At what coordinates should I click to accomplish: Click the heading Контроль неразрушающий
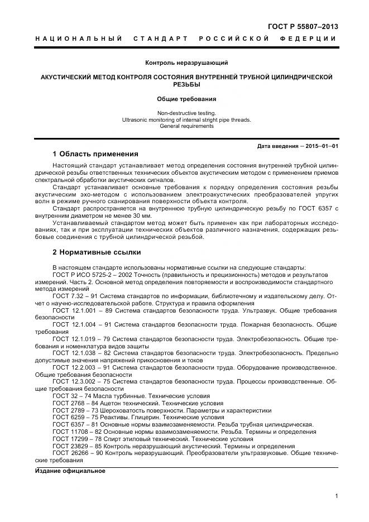coord(186,63)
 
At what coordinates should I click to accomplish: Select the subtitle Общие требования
coord(186,99)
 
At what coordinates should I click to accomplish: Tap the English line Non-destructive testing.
coord(186,113)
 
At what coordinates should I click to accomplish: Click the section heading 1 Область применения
coord(95,154)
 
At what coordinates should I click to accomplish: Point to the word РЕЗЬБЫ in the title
coord(186,85)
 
